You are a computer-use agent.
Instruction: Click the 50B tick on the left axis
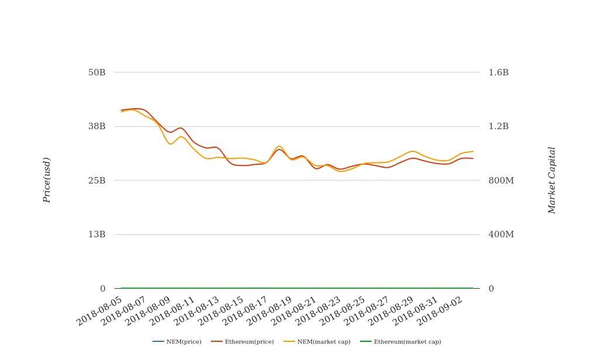point(97,72)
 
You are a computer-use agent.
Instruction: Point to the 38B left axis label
point(97,126)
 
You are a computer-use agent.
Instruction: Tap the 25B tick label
point(97,181)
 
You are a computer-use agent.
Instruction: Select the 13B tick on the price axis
point(97,234)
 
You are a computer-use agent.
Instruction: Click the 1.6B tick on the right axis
point(498,72)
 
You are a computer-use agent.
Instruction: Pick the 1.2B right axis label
point(498,126)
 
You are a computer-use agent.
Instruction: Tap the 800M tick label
point(501,181)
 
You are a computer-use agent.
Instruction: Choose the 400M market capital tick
point(501,234)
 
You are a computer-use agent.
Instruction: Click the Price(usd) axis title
point(47,180)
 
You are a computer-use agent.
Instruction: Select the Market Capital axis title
point(552,180)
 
